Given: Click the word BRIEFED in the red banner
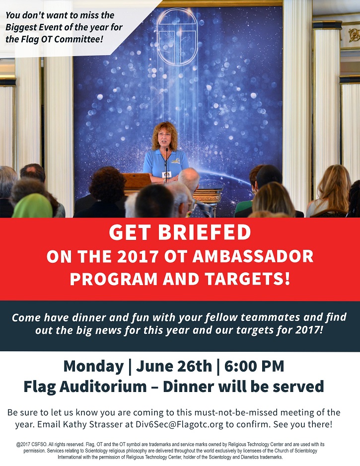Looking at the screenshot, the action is (x=205, y=232).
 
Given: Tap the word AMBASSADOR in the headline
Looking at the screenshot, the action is (x=253, y=257).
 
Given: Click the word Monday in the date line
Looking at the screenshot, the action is (x=93, y=367).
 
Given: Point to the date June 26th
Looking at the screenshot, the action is (x=174, y=366).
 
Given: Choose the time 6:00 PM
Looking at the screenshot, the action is (x=254, y=366).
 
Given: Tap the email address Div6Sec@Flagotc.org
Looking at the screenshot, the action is (x=179, y=424).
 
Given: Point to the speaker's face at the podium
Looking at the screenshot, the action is (x=164, y=139).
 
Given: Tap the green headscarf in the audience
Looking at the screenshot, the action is (x=32, y=206).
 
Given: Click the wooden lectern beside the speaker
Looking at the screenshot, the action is (x=137, y=182).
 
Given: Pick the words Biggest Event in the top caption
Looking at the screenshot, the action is (x=33, y=27).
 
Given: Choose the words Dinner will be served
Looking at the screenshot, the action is (x=243, y=387).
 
